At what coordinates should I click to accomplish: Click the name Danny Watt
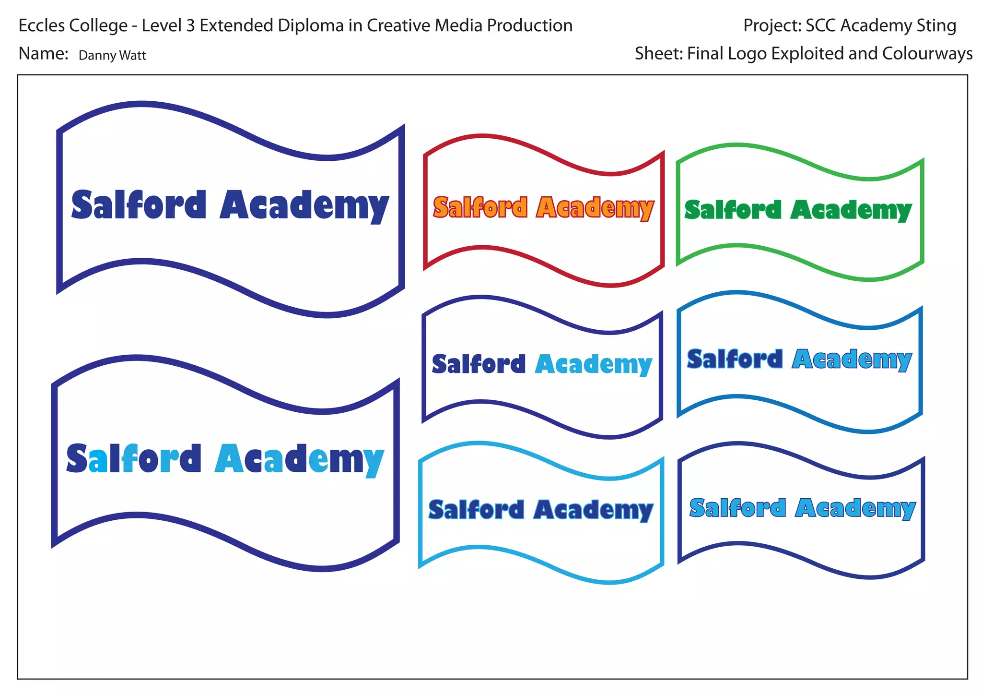pyautogui.click(x=112, y=56)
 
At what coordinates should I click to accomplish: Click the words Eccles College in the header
pyautogui.click(x=73, y=25)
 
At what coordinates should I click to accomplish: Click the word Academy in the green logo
pyautogui.click(x=851, y=211)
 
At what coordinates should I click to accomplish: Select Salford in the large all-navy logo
pyautogui.click(x=139, y=205)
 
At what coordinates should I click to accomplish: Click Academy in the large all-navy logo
pyautogui.click(x=304, y=206)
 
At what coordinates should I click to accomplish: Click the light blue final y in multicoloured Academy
pyautogui.click(x=374, y=462)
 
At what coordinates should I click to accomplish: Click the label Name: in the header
pyautogui.click(x=44, y=54)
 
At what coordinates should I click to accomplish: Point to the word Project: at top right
pyautogui.click(x=772, y=25)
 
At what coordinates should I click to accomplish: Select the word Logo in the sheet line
pyautogui.click(x=749, y=54)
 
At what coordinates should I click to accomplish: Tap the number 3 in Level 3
pyautogui.click(x=190, y=25)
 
